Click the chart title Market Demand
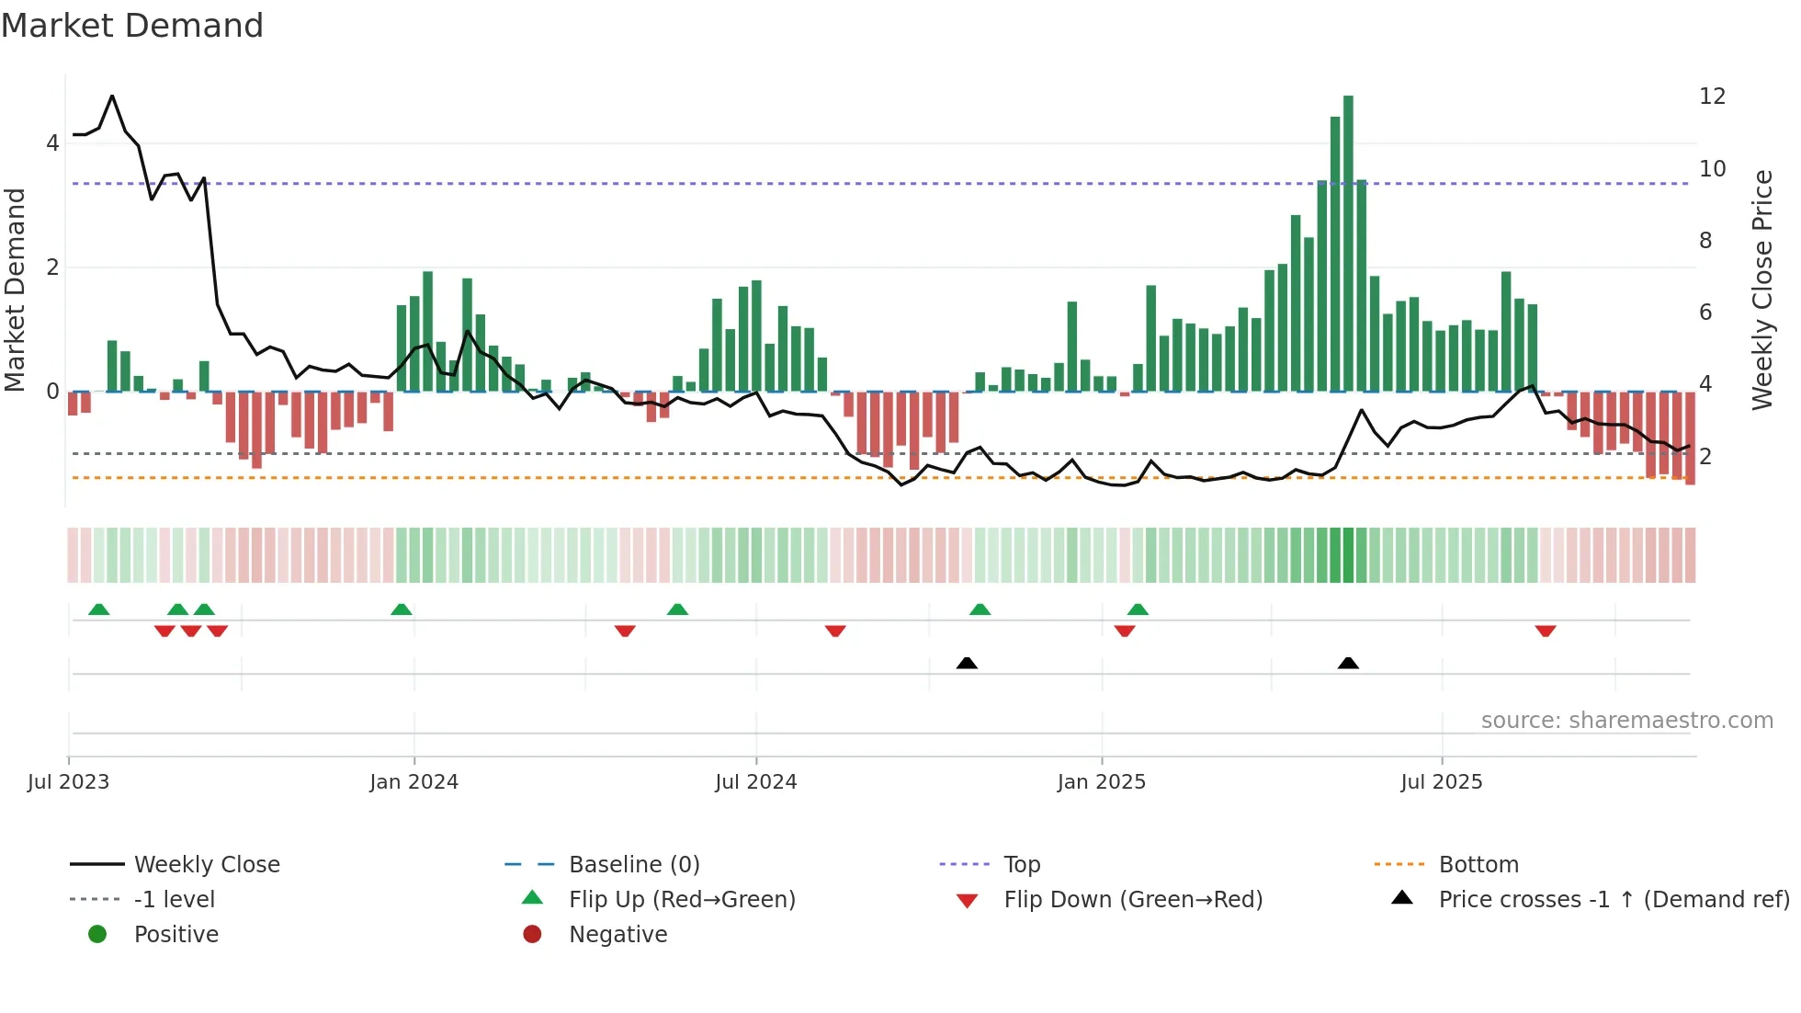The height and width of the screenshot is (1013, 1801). click(132, 26)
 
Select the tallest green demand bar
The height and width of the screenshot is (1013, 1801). click(1348, 243)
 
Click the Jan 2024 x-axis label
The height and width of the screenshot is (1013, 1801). click(413, 782)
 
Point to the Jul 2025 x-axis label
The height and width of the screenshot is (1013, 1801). click(1441, 782)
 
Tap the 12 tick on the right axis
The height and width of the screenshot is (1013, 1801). click(1712, 97)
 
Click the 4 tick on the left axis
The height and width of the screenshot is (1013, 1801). click(52, 143)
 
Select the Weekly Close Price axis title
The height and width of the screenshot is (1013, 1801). click(1761, 290)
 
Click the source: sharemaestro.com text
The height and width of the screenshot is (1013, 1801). click(1626, 721)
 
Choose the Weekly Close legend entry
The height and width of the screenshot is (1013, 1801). click(207, 865)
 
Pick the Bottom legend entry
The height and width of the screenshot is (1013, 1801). click(1478, 865)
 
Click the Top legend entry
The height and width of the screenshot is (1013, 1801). click(1022, 865)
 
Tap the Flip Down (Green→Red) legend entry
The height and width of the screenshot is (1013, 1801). click(1132, 900)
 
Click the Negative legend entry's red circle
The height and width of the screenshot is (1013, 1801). click(532, 935)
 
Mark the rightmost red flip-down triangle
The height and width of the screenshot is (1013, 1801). click(1545, 631)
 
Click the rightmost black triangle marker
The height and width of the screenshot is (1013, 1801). click(1348, 663)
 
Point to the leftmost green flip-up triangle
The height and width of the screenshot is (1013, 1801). click(98, 609)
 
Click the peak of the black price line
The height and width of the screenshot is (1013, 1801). click(112, 96)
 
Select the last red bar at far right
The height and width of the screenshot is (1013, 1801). click(1690, 438)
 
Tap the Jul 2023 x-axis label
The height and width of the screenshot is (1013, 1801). click(68, 782)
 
